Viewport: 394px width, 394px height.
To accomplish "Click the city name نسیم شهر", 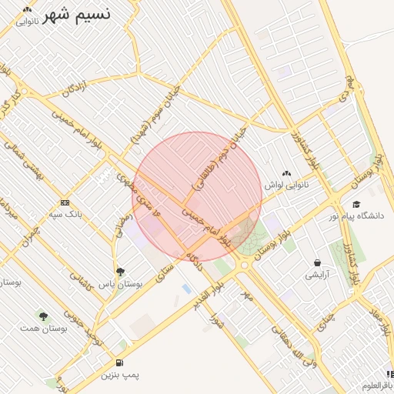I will [x=76, y=14].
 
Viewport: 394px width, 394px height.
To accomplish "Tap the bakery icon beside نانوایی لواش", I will [x=286, y=173].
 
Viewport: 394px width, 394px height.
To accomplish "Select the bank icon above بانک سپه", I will [x=64, y=202].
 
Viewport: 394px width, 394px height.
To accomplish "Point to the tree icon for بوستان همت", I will [x=43, y=316].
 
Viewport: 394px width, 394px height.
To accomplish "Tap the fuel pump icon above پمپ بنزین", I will [x=119, y=362].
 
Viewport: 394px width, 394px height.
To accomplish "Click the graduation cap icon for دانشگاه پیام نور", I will [x=356, y=204].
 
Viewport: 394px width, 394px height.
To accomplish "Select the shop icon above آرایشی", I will [x=317, y=263].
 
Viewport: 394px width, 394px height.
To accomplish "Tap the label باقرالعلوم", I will [x=378, y=384].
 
